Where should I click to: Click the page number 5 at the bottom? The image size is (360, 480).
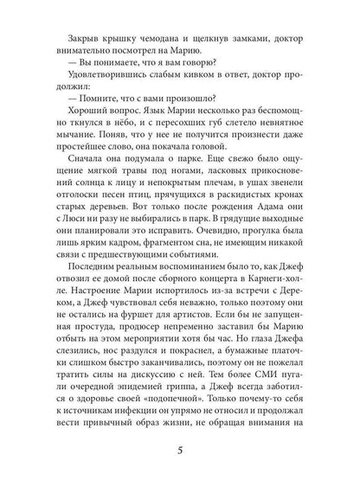(179, 451)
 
